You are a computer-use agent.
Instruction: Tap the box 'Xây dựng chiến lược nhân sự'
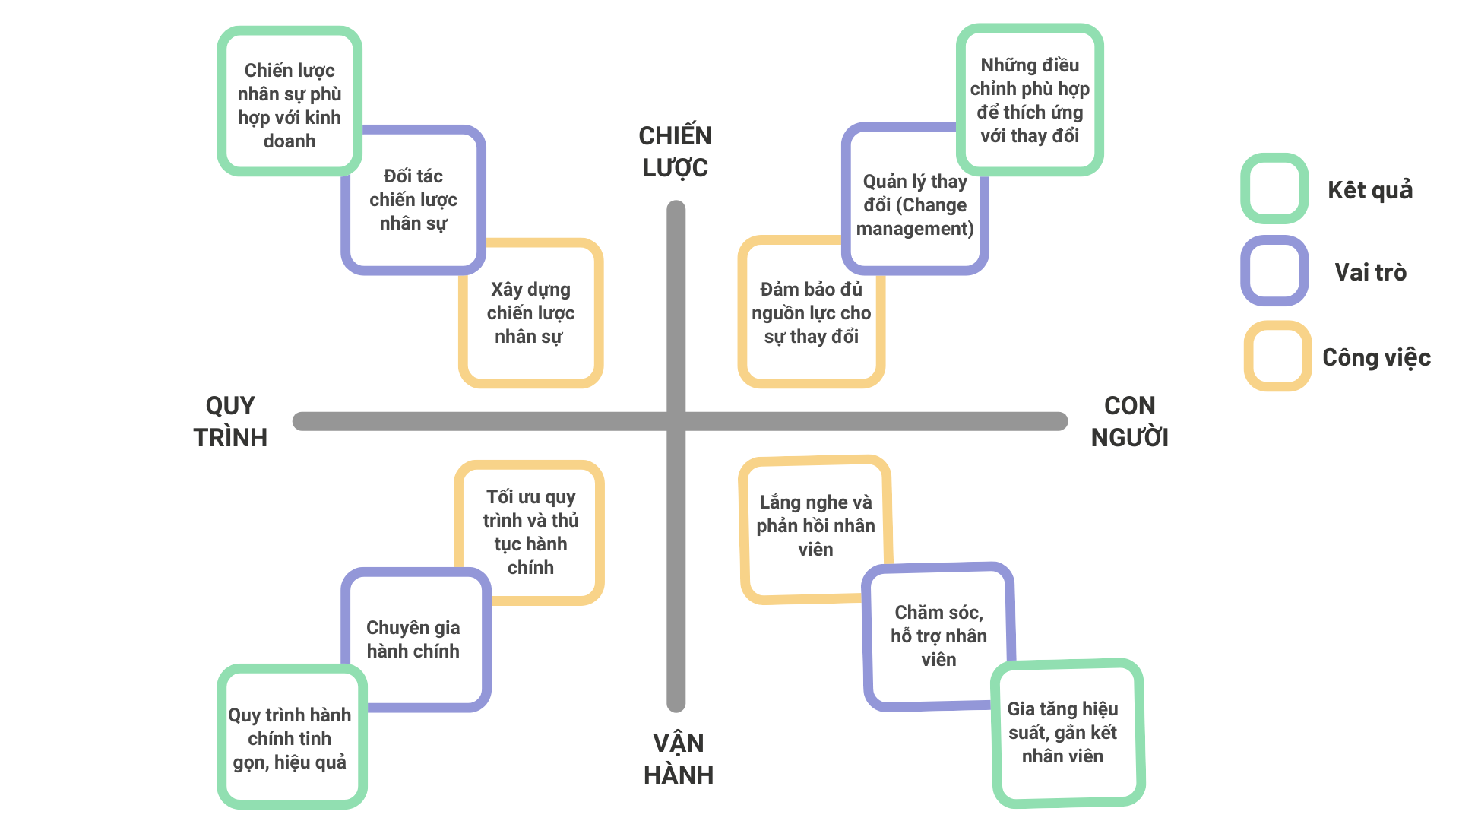[x=530, y=313]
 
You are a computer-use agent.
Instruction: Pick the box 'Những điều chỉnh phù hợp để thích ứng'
[x=1030, y=100]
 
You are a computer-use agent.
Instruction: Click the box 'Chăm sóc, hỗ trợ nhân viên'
[x=939, y=636]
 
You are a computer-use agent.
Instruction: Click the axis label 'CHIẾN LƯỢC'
[x=676, y=151]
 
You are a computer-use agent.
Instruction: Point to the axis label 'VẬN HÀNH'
[x=679, y=759]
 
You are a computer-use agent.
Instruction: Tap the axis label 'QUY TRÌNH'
[x=230, y=421]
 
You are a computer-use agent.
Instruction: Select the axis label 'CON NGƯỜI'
[x=1130, y=421]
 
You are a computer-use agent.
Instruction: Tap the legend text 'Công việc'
[x=1376, y=357]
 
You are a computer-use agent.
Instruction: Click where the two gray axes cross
[x=676, y=421]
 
